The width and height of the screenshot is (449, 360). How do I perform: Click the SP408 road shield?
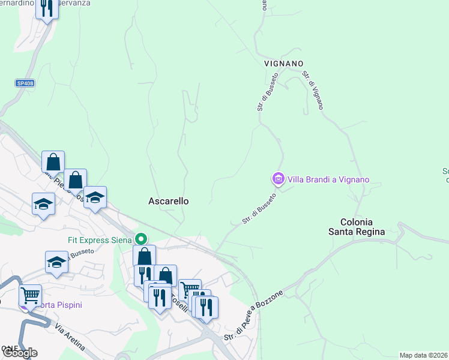click(25, 83)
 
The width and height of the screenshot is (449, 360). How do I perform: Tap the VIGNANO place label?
click(283, 64)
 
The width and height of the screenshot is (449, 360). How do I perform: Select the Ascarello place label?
click(168, 202)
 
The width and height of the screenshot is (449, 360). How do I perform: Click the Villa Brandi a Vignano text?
click(328, 179)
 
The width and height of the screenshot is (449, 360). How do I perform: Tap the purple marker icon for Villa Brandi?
click(278, 179)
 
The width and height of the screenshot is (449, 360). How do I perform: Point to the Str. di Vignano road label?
click(313, 91)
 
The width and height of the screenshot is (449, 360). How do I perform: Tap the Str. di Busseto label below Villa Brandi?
click(259, 209)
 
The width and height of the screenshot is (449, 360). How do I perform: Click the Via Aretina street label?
click(70, 337)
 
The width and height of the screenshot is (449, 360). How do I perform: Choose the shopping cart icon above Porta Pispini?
click(30, 295)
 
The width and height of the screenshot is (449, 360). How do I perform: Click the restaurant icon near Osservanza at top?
click(46, 7)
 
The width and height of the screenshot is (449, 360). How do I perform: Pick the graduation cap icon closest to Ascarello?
click(95, 197)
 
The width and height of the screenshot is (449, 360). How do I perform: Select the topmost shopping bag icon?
click(53, 161)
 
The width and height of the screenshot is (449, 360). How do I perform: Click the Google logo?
click(19, 352)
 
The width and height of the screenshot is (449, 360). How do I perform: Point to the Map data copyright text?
click(423, 355)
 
